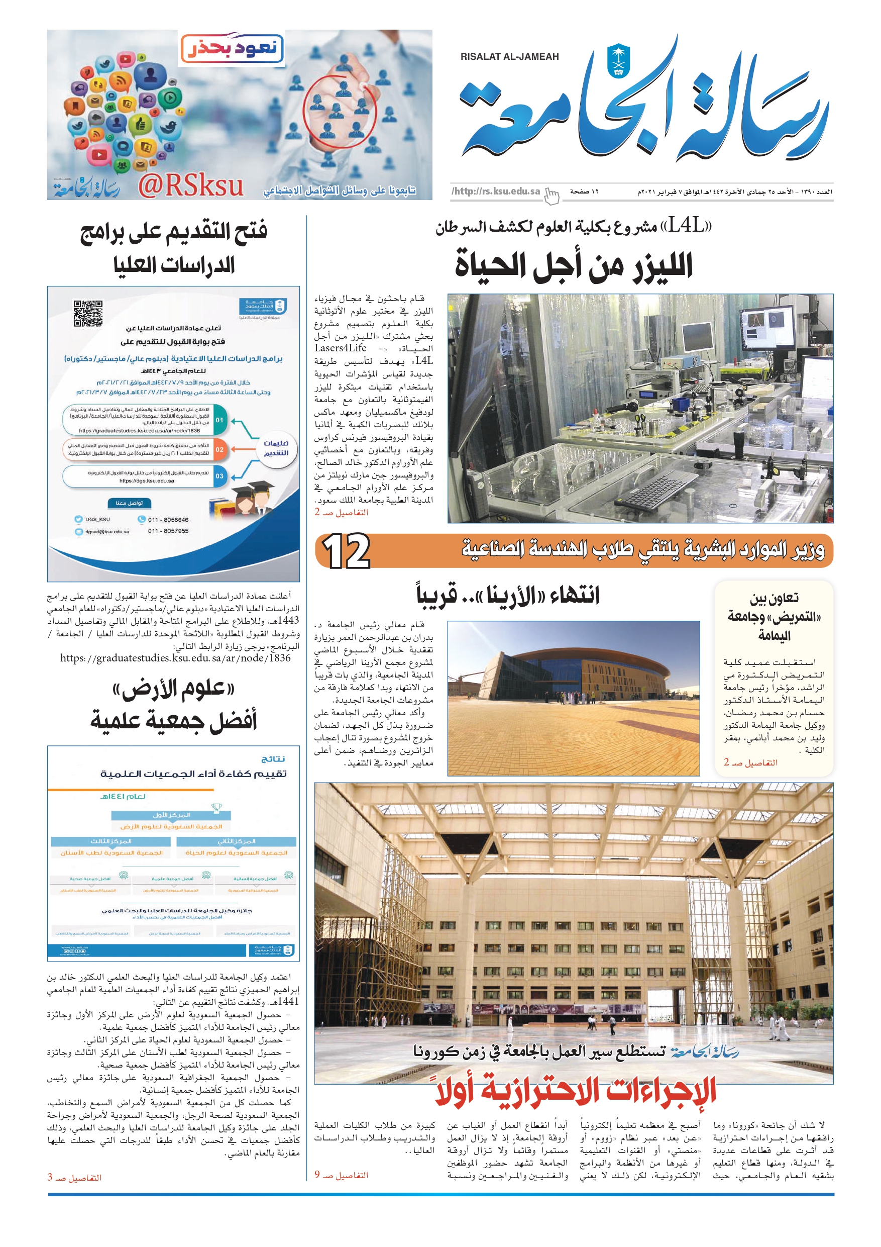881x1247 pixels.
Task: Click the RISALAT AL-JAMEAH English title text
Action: click(x=509, y=56)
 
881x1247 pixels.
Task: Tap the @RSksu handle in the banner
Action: click(x=190, y=186)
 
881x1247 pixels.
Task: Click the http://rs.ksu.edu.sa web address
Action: click(x=496, y=191)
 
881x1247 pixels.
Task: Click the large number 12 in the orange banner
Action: click(x=346, y=551)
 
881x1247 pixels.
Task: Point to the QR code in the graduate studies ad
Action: click(x=88, y=313)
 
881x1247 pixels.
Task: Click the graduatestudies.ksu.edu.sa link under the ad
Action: click(x=175, y=658)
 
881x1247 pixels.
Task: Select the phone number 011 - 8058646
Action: click(x=168, y=520)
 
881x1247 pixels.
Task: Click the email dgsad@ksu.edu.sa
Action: click(x=107, y=532)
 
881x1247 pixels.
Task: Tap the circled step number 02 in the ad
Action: click(x=219, y=450)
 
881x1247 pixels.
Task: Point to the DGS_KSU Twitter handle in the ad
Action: click(x=97, y=520)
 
